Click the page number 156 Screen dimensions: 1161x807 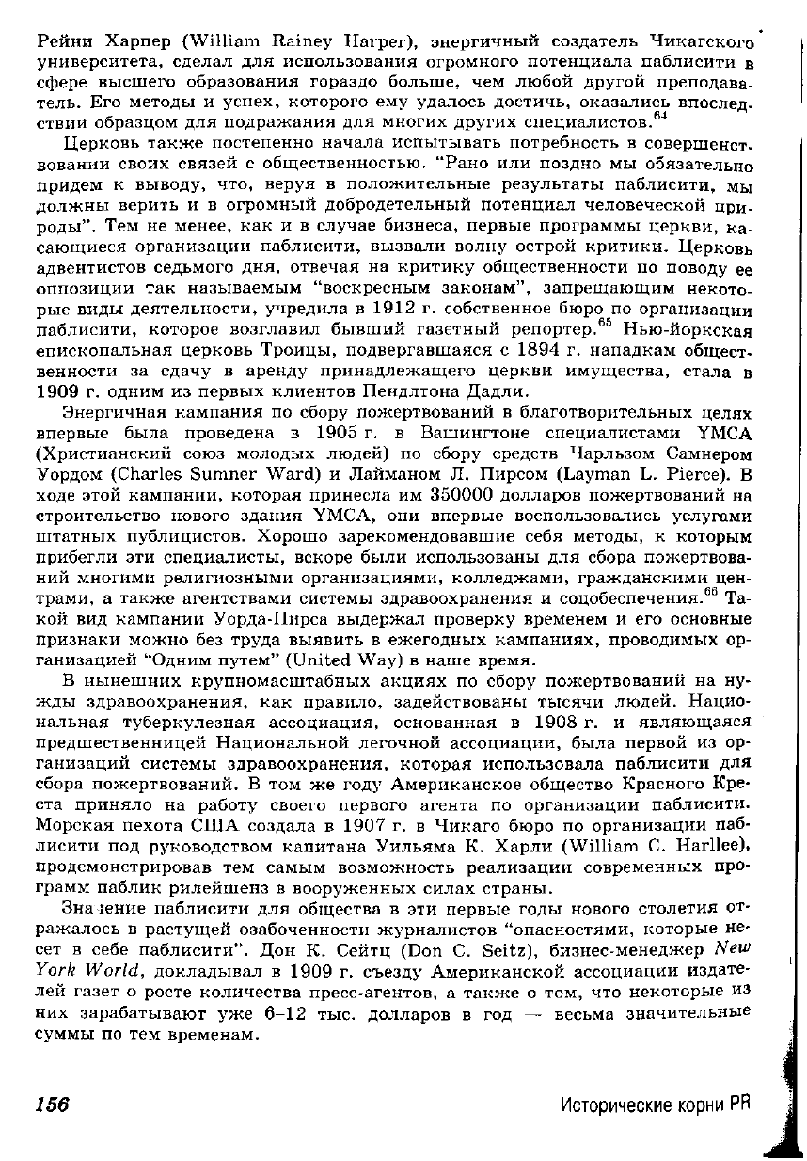click(53, 1104)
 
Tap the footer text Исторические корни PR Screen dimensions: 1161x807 click(657, 1104)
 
